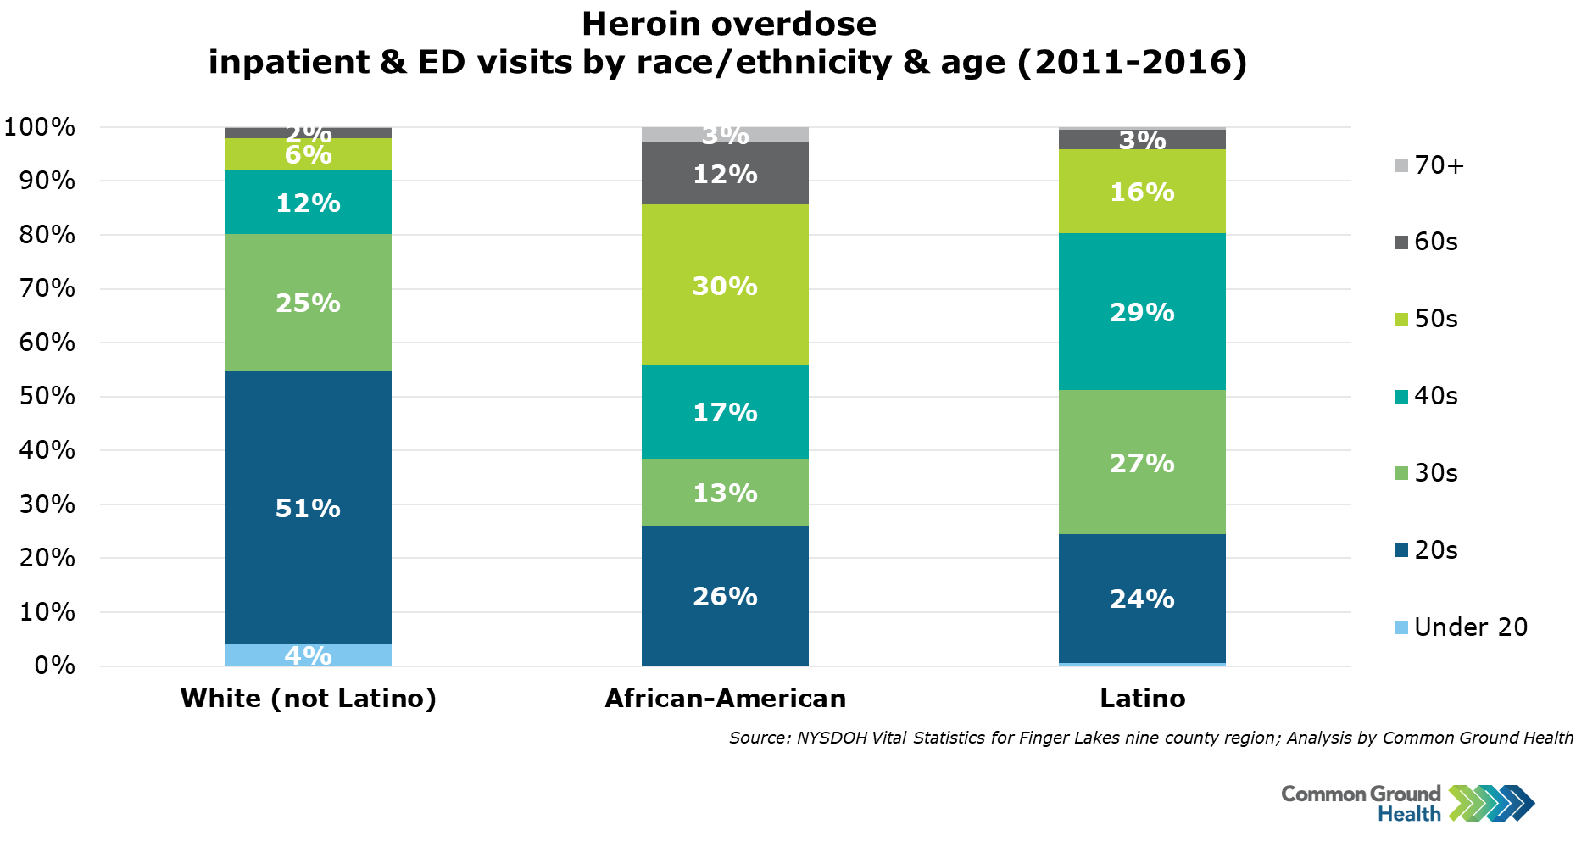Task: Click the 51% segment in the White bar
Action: click(308, 507)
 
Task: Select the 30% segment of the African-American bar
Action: click(725, 285)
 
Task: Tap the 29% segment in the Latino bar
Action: click(1142, 312)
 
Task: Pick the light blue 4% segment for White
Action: click(308, 655)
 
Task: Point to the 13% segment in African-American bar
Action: click(725, 492)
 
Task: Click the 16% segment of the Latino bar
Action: click(1142, 192)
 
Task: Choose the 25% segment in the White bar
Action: click(308, 303)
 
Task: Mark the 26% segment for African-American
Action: click(725, 596)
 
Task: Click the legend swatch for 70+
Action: click(1400, 165)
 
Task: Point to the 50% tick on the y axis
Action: click(47, 396)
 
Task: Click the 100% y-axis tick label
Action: click(41, 127)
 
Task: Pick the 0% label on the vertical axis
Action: click(54, 666)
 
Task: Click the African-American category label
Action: click(725, 699)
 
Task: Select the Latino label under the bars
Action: click(1142, 699)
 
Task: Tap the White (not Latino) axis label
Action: click(308, 699)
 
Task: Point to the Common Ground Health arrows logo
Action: click(1491, 803)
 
